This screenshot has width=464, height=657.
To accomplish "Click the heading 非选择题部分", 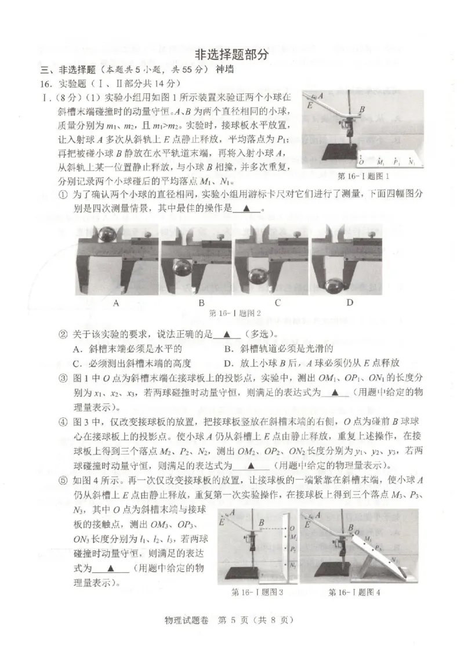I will coord(231,55).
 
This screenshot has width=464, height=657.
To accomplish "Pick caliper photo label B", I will coord(201,302).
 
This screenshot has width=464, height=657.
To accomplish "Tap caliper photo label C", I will coord(278,302).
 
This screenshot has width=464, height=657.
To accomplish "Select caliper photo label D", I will coord(350,302).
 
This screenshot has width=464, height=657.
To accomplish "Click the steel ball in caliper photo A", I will coord(108,234).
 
